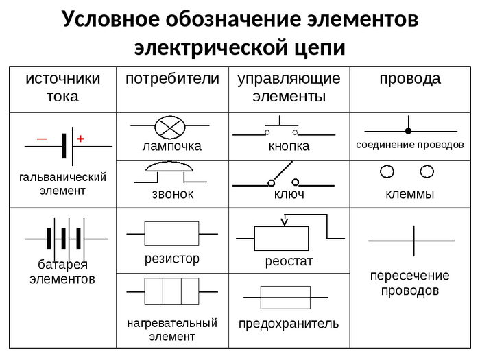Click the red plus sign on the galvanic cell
pyautogui.click(x=80, y=139)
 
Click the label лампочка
pyautogui.click(x=171, y=146)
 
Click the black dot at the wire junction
pyautogui.click(x=408, y=130)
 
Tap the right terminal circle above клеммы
pyautogui.click(x=427, y=171)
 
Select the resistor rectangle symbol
pyautogui.click(x=171, y=234)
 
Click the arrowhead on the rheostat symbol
pyautogui.click(x=285, y=221)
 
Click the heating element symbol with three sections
pyautogui.click(x=171, y=291)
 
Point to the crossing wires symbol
pyautogui.click(x=413, y=241)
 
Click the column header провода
pyautogui.click(x=410, y=79)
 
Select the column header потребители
pyautogui.click(x=172, y=79)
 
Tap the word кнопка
pyautogui.click(x=289, y=146)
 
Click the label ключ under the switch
pyautogui.click(x=289, y=195)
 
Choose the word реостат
pyautogui.click(x=289, y=261)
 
